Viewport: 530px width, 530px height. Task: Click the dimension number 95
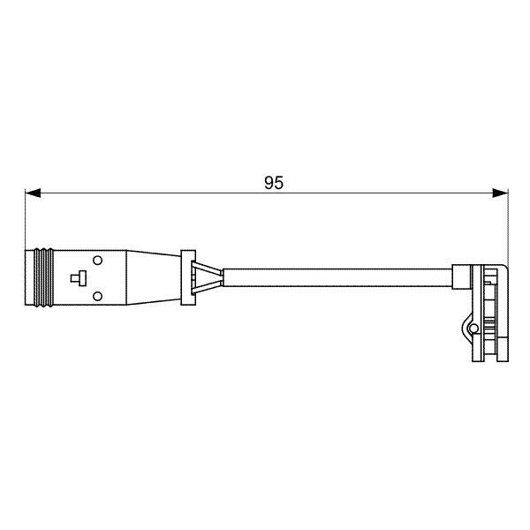(x=274, y=183)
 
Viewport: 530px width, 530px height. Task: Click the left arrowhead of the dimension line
(x=33, y=193)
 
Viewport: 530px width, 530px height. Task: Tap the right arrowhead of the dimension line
(x=500, y=193)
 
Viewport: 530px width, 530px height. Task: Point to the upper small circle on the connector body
(x=97, y=261)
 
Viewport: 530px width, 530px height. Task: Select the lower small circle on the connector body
(x=97, y=297)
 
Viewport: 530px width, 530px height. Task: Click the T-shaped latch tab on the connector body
(x=79, y=278)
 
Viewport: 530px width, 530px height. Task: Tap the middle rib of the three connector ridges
(x=43, y=278)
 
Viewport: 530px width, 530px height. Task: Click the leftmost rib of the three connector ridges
(x=37, y=278)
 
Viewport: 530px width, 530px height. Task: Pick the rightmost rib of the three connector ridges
(x=50, y=278)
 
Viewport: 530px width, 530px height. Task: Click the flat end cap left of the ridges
(x=30, y=278)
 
